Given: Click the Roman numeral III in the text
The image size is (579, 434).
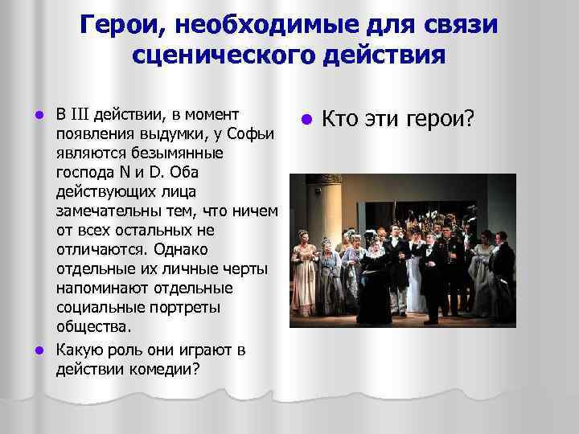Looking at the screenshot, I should pos(80,112).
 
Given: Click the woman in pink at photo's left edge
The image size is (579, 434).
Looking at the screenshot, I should pos(303,269).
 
